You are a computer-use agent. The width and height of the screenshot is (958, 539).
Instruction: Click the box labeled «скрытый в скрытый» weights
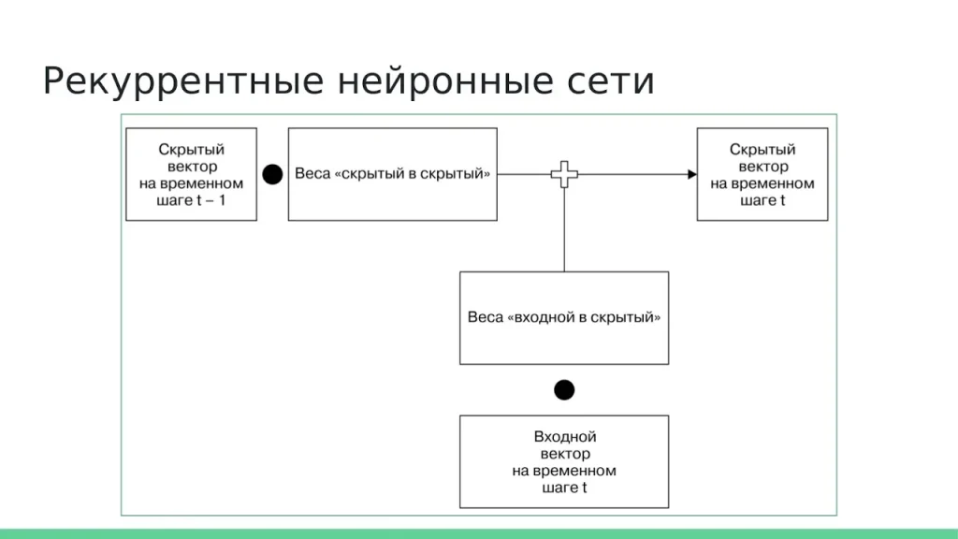tap(392, 174)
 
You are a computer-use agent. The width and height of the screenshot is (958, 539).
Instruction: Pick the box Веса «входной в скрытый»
tap(564, 317)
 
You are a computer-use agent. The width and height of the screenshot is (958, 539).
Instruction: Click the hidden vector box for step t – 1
tap(191, 174)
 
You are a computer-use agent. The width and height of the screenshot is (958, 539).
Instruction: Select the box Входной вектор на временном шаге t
tap(564, 461)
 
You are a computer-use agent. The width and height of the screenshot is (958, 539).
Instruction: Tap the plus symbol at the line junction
tap(563, 174)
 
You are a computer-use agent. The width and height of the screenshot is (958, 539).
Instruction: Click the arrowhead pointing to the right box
tap(691, 174)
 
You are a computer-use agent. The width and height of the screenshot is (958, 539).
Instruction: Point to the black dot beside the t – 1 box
tap(272, 174)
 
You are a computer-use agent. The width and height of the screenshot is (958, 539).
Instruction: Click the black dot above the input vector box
tap(564, 389)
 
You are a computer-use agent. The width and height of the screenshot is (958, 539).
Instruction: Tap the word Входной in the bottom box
tap(565, 437)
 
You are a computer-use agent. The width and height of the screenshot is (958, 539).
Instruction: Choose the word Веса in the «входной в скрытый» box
tap(485, 317)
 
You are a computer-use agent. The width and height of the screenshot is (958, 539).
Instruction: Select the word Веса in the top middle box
tap(312, 175)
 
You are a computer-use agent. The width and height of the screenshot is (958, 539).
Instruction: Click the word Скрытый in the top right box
tap(762, 150)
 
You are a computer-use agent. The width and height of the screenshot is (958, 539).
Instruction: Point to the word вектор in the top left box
tap(191, 167)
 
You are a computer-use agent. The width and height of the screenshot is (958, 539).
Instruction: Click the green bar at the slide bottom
tap(479, 533)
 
